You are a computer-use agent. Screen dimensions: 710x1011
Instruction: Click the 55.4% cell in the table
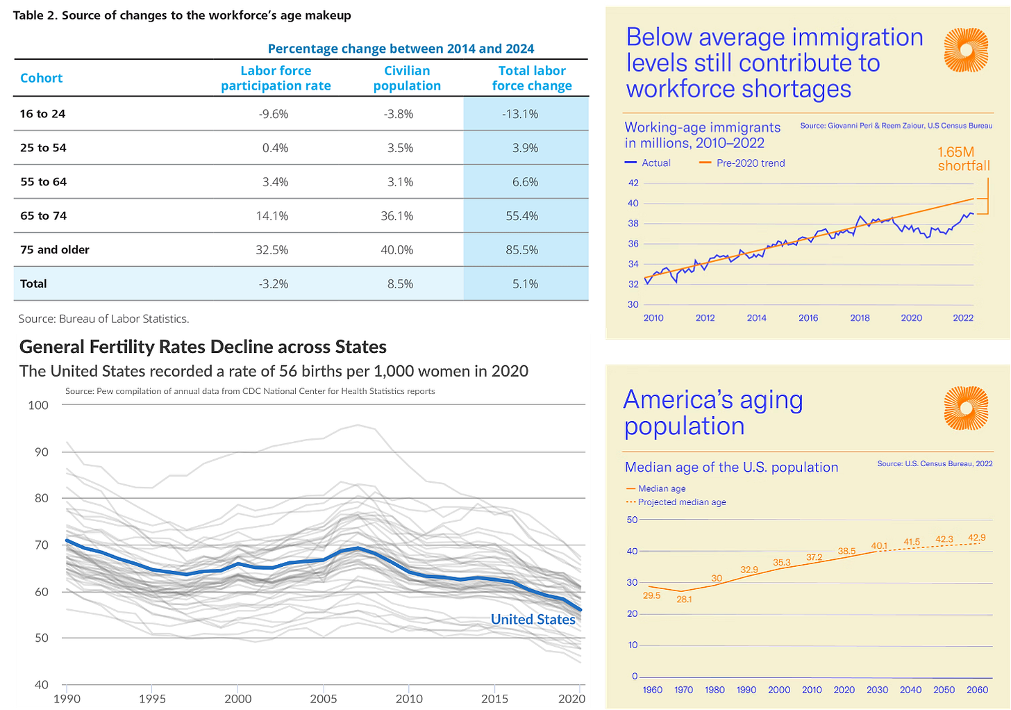coord(522,216)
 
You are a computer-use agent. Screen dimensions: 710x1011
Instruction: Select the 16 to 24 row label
coord(43,114)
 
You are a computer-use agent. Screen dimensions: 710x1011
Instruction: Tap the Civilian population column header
coord(407,79)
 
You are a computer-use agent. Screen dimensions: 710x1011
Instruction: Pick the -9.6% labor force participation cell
coord(274,114)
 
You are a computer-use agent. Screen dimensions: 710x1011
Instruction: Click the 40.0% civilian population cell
coord(397,250)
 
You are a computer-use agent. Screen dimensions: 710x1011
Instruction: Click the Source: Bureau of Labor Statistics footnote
coord(103,319)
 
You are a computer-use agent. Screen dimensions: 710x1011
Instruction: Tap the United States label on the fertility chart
coord(533,620)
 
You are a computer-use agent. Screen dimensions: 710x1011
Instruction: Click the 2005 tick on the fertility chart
coord(324,699)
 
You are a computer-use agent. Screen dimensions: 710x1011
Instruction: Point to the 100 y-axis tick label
coord(38,406)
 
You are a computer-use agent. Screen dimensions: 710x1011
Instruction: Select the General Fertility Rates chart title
coord(203,347)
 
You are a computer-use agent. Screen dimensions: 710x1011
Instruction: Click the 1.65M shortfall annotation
coord(963,159)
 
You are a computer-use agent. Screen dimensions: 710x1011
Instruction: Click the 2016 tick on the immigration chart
coord(808,318)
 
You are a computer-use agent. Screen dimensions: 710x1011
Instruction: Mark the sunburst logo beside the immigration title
coord(966,50)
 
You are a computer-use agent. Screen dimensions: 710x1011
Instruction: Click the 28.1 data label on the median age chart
coord(684,599)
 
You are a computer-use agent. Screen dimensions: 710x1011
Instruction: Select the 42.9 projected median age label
coord(976,538)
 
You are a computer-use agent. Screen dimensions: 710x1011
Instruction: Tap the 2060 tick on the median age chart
coord(977,690)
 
